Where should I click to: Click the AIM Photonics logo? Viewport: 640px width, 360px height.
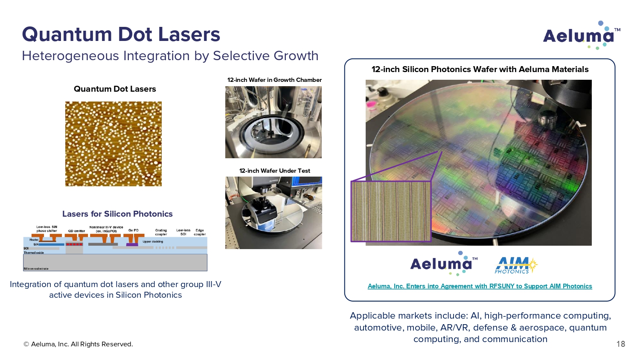coord(516,265)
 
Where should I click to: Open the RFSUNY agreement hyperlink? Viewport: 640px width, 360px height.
coord(480,286)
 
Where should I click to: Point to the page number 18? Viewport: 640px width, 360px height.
coord(620,344)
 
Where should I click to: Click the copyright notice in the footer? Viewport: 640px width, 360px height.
coord(78,344)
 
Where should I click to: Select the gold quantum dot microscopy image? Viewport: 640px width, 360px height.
coord(113,144)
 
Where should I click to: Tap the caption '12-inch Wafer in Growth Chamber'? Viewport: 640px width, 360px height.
coord(274,80)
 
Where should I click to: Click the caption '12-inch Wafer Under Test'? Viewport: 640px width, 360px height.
coord(275,171)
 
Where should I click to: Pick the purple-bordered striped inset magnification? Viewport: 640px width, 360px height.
coord(391,212)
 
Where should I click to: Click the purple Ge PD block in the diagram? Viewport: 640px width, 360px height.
coord(132,244)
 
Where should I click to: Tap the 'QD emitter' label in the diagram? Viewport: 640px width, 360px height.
coord(76,231)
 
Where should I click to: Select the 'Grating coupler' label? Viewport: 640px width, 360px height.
coord(161,232)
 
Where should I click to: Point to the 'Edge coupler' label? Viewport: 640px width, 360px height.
coord(199,232)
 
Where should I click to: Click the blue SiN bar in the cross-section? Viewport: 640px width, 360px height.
coord(52,244)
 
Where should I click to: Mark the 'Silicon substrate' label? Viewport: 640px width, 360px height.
coord(36,269)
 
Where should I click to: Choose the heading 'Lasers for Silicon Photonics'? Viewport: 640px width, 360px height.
coord(117,214)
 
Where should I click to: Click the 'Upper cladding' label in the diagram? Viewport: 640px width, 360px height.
coord(153,242)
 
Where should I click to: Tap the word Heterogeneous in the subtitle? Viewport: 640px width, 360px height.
coord(70,56)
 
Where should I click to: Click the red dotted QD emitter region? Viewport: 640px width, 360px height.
coord(74,244)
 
